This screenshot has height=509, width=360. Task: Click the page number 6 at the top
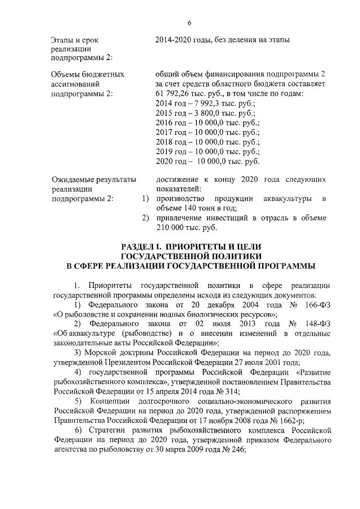pos(190,22)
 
